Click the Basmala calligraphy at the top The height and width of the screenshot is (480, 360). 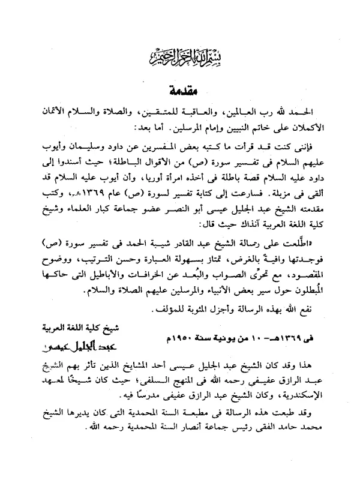click(180, 59)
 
